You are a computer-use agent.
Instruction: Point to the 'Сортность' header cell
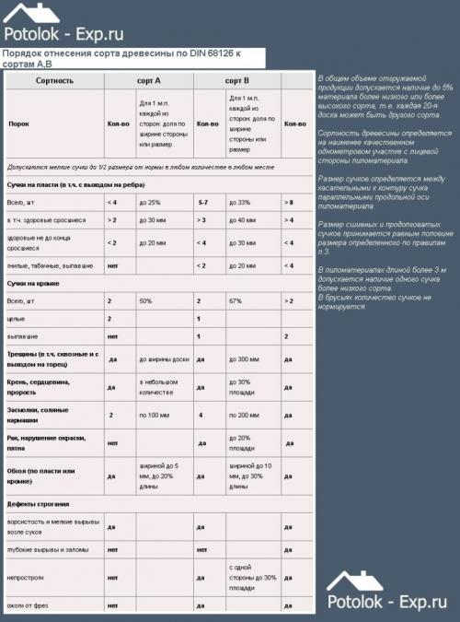click(x=54, y=81)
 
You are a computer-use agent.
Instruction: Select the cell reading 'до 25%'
click(x=150, y=202)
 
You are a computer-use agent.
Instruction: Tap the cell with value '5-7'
click(x=204, y=202)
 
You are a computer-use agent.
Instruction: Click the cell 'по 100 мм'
click(x=153, y=415)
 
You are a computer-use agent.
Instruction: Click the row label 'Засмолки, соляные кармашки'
click(x=41, y=415)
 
